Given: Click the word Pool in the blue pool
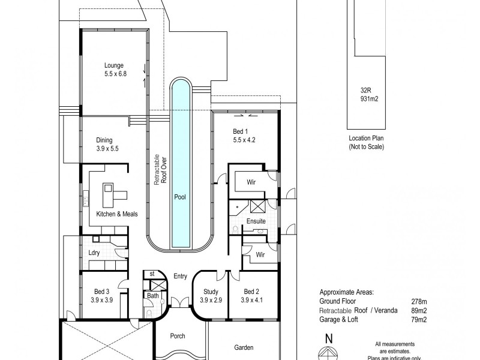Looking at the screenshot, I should coord(179,196).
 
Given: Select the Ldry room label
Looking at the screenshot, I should coord(94,253).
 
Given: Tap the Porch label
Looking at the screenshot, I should coord(177,336).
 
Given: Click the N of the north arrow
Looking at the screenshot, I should coord(327,337).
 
